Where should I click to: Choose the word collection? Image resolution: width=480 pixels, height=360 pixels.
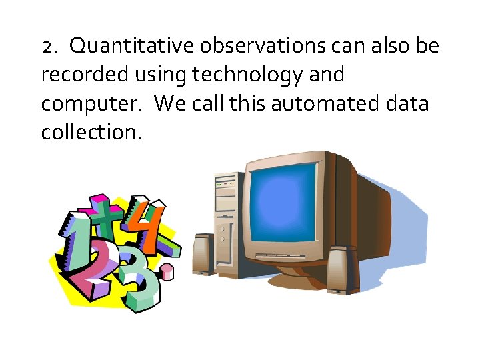[x=91, y=133]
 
